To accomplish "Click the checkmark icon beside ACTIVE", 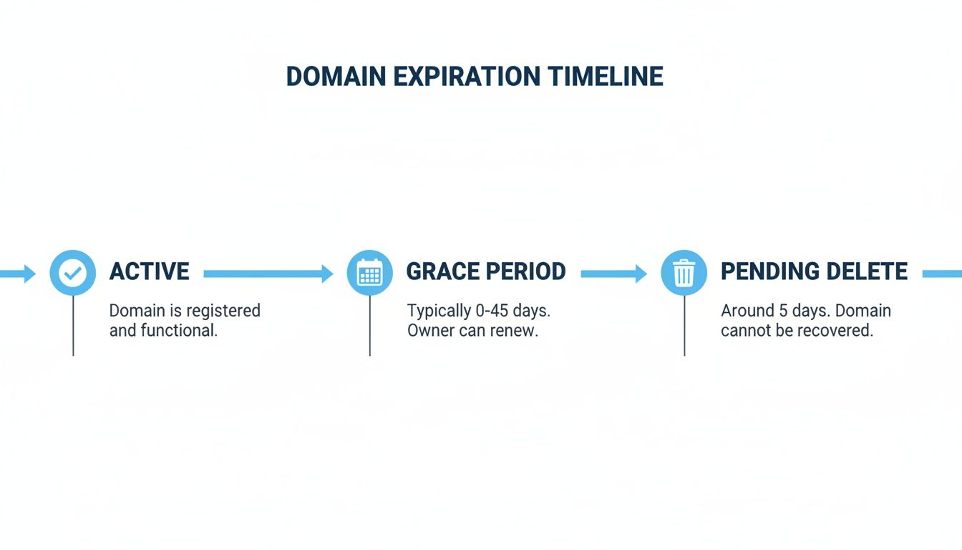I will click(x=73, y=273).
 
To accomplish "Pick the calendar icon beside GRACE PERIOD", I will click(x=370, y=273).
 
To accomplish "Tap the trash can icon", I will click(x=684, y=273).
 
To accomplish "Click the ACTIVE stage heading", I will click(x=150, y=271).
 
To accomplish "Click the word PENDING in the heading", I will click(x=769, y=271).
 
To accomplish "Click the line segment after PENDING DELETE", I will click(x=942, y=274).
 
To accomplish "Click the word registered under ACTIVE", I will click(x=223, y=311).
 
